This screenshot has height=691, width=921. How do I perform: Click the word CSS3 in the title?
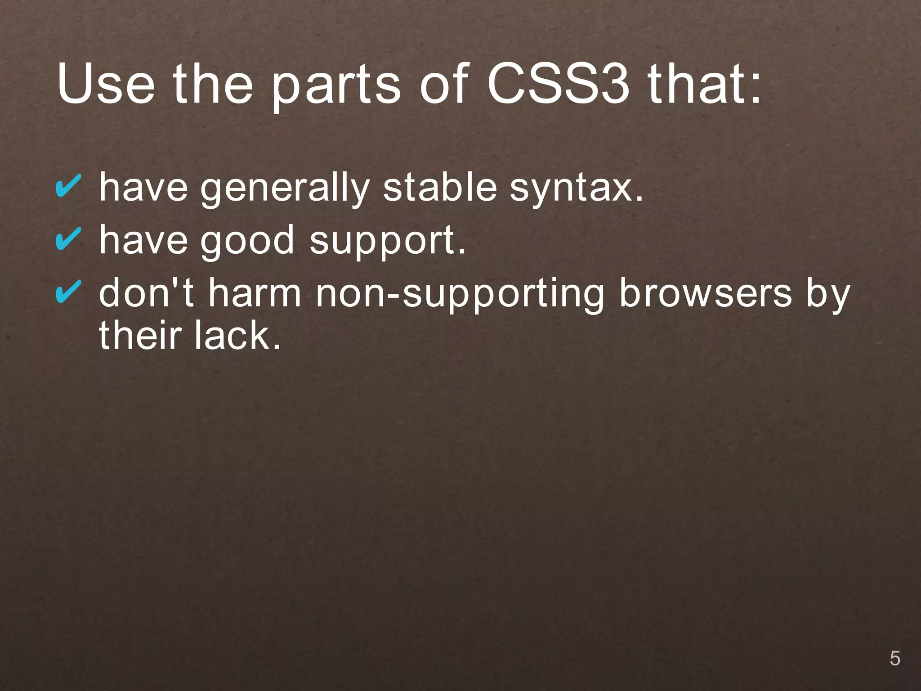(x=558, y=84)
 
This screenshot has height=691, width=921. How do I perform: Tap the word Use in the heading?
(x=106, y=84)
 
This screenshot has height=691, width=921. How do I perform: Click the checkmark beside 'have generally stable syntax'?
(x=68, y=186)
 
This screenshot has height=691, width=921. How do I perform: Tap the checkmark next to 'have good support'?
(x=68, y=238)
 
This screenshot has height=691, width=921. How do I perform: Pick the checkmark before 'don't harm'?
(x=68, y=291)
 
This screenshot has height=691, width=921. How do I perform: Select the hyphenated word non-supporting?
(x=459, y=295)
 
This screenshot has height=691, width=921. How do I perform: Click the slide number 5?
(x=894, y=659)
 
